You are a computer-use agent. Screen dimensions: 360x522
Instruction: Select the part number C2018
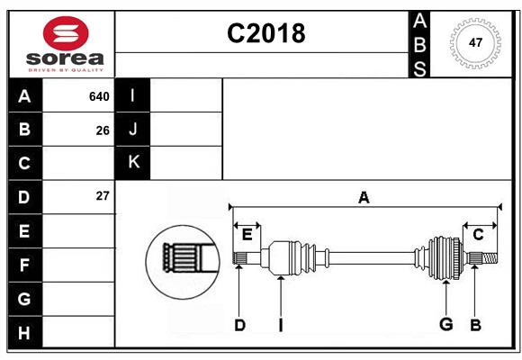click(x=265, y=33)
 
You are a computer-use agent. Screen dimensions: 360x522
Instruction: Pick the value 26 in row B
click(x=103, y=130)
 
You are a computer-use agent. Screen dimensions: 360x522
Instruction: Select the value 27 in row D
click(x=103, y=195)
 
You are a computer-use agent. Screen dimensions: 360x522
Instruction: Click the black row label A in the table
click(x=24, y=96)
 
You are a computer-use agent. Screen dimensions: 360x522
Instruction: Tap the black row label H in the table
click(x=24, y=333)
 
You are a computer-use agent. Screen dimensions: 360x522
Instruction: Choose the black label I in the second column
click(x=133, y=96)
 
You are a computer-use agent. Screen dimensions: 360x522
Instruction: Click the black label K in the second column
click(x=133, y=162)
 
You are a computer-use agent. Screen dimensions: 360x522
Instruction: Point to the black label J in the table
click(x=133, y=130)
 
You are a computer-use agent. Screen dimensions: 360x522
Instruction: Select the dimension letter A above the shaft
click(x=364, y=197)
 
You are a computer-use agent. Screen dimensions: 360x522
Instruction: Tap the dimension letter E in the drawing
click(x=247, y=235)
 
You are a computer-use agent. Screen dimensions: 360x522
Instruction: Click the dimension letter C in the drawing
click(x=478, y=235)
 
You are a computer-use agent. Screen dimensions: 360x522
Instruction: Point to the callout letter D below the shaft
click(x=239, y=325)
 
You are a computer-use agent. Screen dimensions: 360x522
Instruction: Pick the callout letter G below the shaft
click(x=445, y=324)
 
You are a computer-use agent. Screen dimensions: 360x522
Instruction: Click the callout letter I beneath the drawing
click(x=281, y=325)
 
